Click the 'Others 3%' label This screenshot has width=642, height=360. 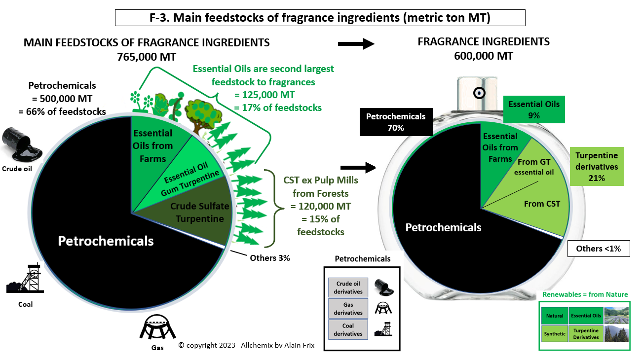tap(269, 257)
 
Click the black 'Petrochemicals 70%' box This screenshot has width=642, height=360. tap(396, 122)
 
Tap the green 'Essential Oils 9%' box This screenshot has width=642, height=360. tap(534, 109)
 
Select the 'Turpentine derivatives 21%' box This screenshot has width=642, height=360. tap(596, 167)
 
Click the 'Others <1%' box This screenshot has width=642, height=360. tap(599, 249)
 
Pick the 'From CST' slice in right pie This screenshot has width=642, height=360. tap(538, 207)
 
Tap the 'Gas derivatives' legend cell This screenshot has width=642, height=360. tap(348, 309)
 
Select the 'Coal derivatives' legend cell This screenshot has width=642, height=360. tap(348, 329)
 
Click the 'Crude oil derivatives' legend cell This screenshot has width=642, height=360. tap(348, 288)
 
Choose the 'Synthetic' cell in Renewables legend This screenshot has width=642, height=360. tap(554, 334)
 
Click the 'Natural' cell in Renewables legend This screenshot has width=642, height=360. tap(554, 316)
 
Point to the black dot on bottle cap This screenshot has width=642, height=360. tap(479, 93)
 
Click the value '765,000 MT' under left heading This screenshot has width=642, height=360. tap(147, 57)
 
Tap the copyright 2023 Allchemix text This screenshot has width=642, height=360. tap(246, 345)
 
